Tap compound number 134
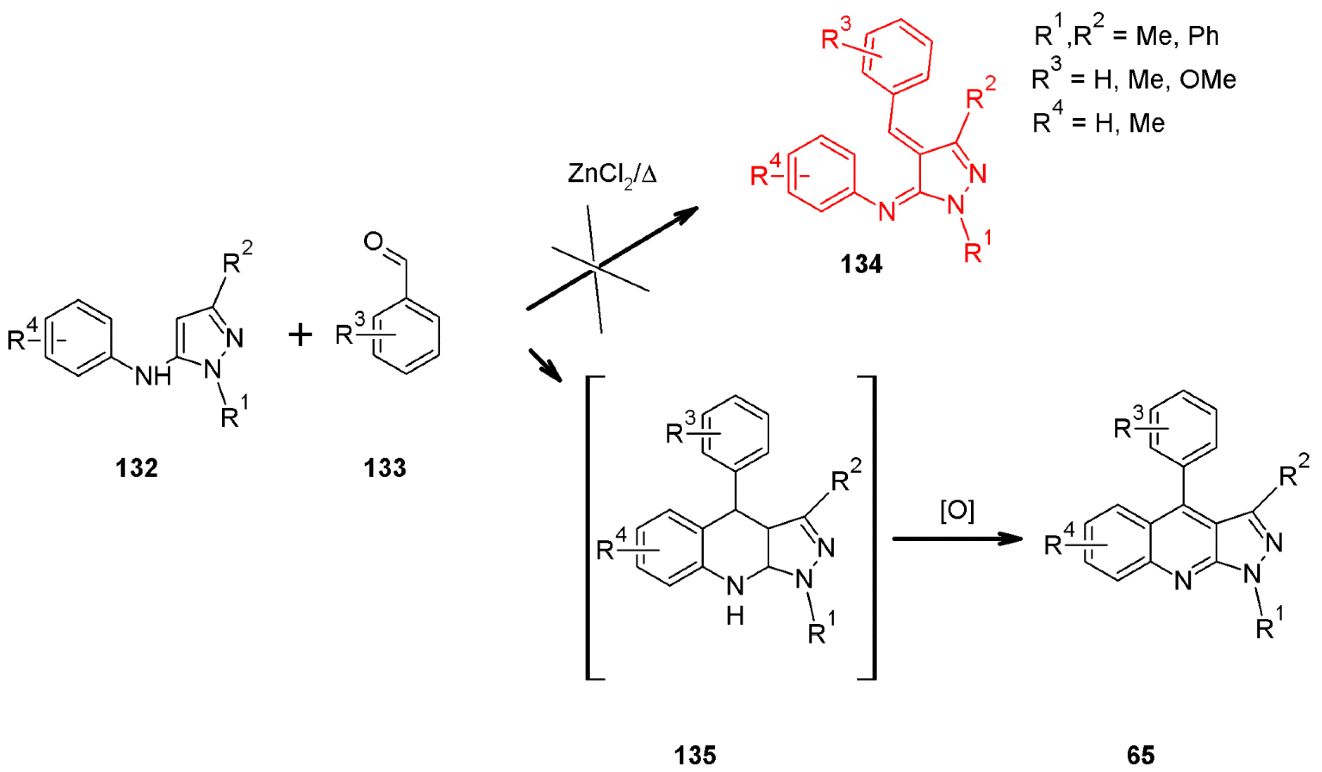click(861, 264)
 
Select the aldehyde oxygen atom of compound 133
click(373, 242)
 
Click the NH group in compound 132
click(153, 376)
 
